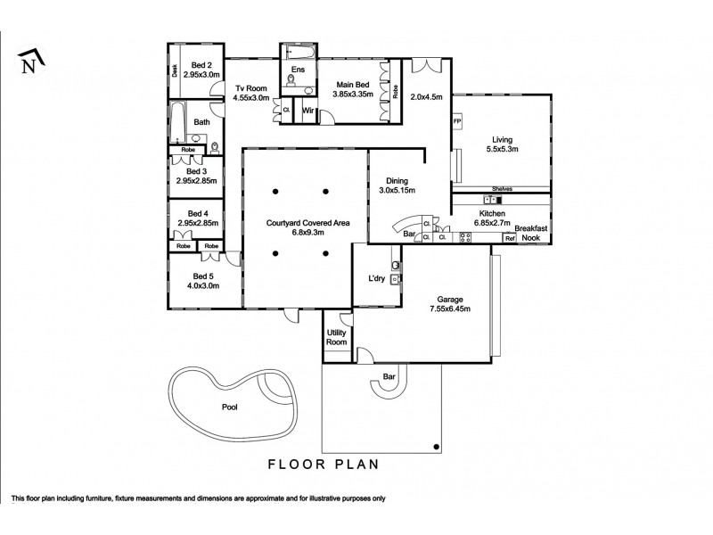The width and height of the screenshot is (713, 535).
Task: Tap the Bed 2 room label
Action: (201, 65)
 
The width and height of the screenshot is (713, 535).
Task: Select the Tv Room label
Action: (251, 87)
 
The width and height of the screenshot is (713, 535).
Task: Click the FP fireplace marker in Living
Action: (457, 121)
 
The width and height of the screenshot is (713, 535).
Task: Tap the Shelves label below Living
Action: (501, 189)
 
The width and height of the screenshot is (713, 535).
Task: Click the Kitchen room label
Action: (493, 215)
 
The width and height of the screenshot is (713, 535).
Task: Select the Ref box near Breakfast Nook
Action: (510, 238)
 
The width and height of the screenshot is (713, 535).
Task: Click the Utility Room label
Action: (337, 337)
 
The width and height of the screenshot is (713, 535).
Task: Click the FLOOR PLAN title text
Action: (324, 464)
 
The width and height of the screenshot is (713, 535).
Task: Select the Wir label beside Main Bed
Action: (307, 111)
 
